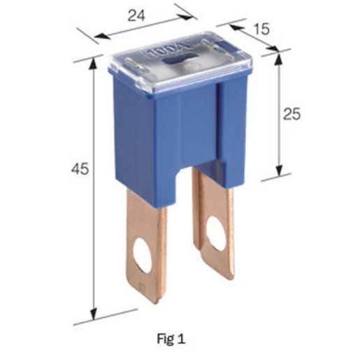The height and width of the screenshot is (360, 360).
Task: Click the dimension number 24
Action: pos(136,16)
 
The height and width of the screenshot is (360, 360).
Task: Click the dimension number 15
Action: pos(261,29)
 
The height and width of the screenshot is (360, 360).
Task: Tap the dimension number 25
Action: pos(291,114)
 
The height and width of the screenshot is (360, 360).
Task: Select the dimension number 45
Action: pos(80,168)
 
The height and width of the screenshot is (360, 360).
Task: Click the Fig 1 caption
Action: pos(171,339)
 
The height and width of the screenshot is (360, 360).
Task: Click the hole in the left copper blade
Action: pos(143,255)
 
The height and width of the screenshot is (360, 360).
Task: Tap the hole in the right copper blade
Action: pos(216,233)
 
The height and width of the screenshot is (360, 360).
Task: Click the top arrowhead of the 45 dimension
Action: pos(94,63)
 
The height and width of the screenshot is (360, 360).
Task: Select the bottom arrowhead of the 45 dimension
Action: pos(94,314)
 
